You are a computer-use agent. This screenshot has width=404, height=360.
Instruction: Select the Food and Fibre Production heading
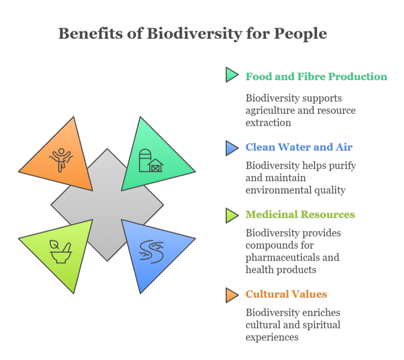tap(316, 77)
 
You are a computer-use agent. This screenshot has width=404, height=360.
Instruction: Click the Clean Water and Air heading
tap(299, 148)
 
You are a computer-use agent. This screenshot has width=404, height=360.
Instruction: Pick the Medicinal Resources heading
tap(300, 214)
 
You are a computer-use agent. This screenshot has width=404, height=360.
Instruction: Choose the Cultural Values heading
tap(286, 294)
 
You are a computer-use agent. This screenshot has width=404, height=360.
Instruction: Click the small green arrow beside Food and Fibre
tap(231, 76)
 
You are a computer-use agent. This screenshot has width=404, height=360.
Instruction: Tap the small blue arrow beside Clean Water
tap(231, 148)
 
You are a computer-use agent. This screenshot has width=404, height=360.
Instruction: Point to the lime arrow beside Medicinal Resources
tap(231, 215)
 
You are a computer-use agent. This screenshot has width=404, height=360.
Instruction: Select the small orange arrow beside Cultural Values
tap(231, 295)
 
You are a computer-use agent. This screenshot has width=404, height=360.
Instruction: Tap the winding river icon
tap(151, 250)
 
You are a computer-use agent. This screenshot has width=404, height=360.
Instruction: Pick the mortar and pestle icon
tap(61, 250)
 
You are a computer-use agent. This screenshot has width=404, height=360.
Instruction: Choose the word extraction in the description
tap(268, 123)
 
